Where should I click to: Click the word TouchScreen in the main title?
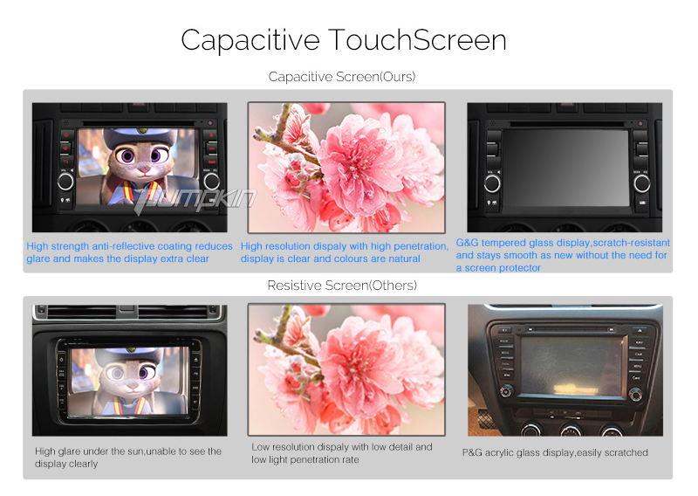(418, 40)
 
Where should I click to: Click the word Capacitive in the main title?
(250, 41)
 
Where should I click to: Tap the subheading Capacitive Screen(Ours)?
(342, 77)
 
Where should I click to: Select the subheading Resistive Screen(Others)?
(342, 286)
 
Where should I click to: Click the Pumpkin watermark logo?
(195, 200)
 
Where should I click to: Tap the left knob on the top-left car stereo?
(65, 182)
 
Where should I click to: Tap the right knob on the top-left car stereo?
(211, 182)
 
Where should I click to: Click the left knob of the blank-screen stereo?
(492, 183)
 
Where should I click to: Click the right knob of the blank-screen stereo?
(641, 183)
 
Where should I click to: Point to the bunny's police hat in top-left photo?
(140, 135)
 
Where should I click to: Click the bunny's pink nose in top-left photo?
(143, 169)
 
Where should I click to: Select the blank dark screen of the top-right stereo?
(565, 168)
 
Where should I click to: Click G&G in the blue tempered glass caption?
(467, 243)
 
